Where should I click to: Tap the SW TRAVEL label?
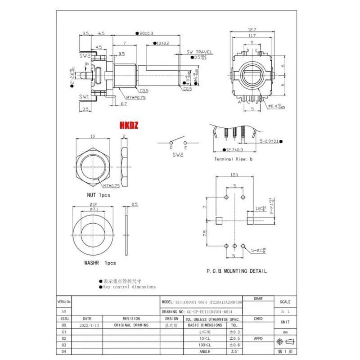[x=199, y=52]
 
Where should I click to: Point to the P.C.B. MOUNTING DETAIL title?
[x=236, y=271]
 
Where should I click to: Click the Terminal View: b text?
[x=233, y=159]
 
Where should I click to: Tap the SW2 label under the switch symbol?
[x=178, y=154]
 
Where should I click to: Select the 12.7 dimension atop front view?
[x=252, y=30]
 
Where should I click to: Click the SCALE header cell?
[x=285, y=302]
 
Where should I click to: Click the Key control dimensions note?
[x=129, y=287]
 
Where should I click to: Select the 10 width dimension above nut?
[x=93, y=135]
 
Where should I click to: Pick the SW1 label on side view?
[x=85, y=97]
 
